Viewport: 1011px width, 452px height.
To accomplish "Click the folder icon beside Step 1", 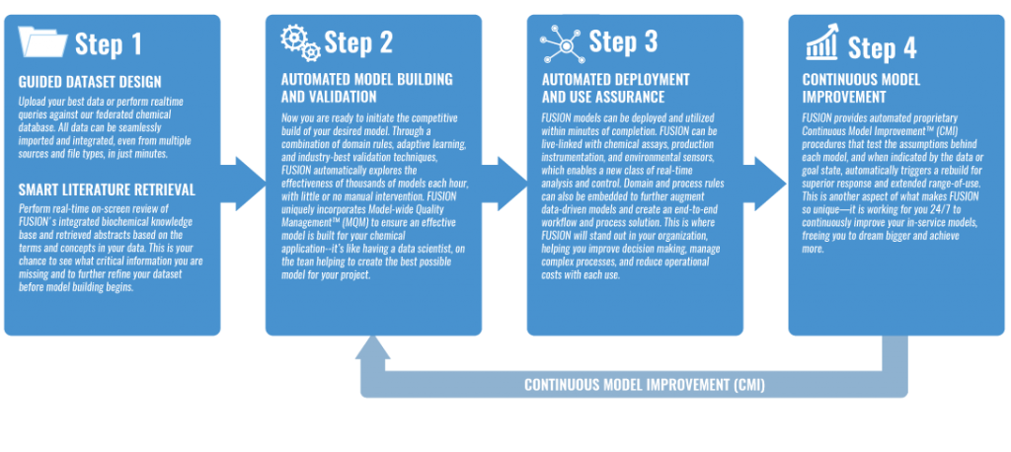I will tap(42, 43).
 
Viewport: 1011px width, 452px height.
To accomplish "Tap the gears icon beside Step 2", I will tap(300, 42).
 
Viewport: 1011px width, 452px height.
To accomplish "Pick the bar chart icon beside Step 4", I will tap(821, 45).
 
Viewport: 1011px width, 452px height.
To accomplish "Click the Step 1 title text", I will tap(109, 45).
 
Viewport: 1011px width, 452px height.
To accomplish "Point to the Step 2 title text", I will tap(358, 43).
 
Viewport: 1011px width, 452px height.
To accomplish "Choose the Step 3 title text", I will tap(623, 42).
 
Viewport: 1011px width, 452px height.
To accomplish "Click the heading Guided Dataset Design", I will tap(90, 82).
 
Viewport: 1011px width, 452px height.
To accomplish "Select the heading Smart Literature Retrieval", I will tap(103, 188).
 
